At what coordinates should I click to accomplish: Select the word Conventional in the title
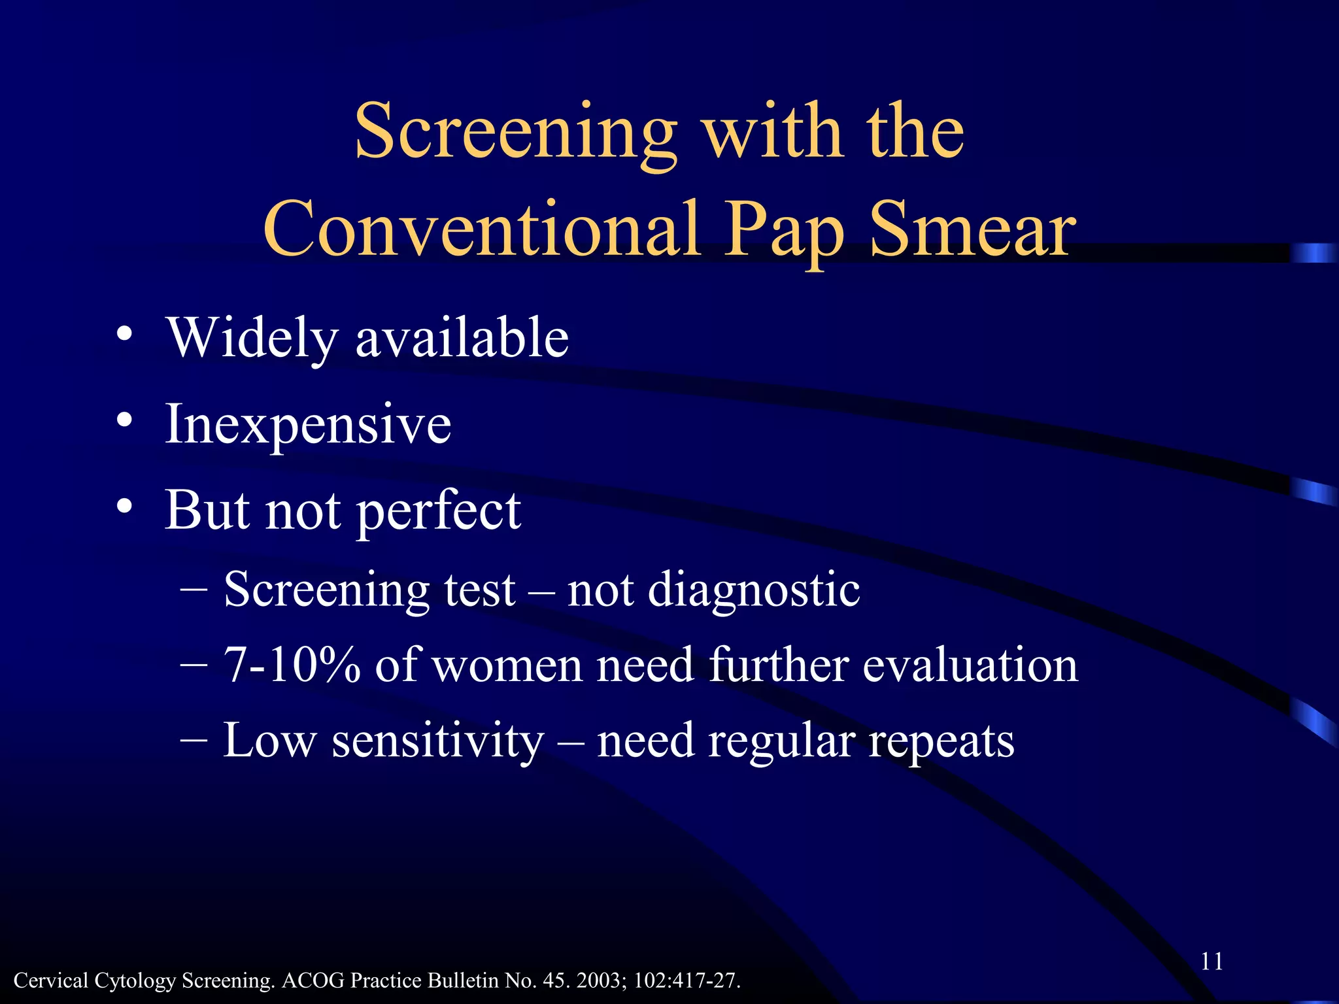coord(482,229)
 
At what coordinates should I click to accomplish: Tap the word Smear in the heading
coord(973,229)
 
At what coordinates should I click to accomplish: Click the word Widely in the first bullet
coord(253,338)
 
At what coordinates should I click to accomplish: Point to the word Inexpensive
coord(308,425)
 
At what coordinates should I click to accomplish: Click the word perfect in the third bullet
coord(439,511)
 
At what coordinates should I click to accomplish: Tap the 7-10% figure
coord(292,665)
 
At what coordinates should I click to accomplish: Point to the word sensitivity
coord(437,741)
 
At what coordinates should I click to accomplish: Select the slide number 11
coord(1212,961)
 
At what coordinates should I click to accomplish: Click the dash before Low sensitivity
coord(194,739)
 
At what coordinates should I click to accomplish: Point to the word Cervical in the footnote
coord(50,980)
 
